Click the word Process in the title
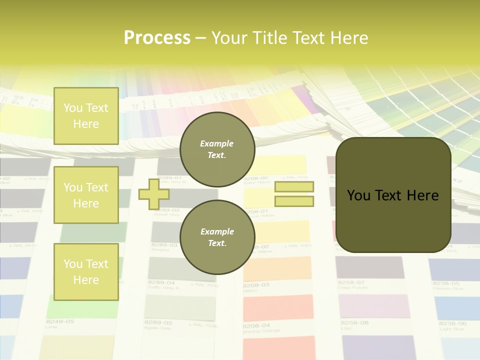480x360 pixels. click(157, 38)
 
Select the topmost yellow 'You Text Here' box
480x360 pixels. click(86, 116)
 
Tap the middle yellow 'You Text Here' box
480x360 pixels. click(86, 195)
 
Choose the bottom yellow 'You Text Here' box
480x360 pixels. click(86, 271)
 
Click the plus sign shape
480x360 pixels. click(153, 194)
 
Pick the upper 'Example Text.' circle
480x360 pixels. click(217, 149)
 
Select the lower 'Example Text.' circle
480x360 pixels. click(217, 237)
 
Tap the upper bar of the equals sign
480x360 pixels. click(294, 187)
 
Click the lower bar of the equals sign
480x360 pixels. click(294, 201)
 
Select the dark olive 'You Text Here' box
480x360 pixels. click(393, 195)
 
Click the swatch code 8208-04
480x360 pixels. click(256, 325)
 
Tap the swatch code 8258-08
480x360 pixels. click(353, 323)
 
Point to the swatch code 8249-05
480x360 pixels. click(59, 321)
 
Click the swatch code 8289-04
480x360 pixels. click(160, 282)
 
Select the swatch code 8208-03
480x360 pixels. click(256, 284)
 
